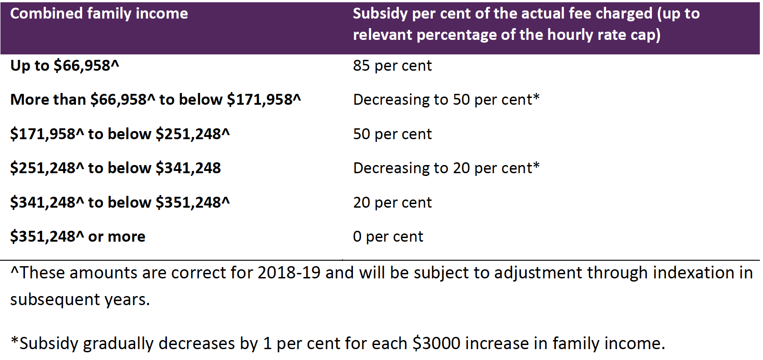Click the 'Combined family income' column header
[99, 14]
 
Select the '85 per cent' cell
[392, 66]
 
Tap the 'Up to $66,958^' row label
[64, 66]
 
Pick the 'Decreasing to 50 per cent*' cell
[446, 100]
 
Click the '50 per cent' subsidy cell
[392, 134]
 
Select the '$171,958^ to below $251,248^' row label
[120, 134]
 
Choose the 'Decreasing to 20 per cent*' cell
[446, 168]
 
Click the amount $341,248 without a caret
[188, 168]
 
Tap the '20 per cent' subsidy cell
[392, 203]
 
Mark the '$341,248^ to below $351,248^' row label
[120, 203]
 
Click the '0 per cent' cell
[388, 237]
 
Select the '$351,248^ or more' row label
[78, 237]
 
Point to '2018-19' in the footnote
[289, 273]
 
